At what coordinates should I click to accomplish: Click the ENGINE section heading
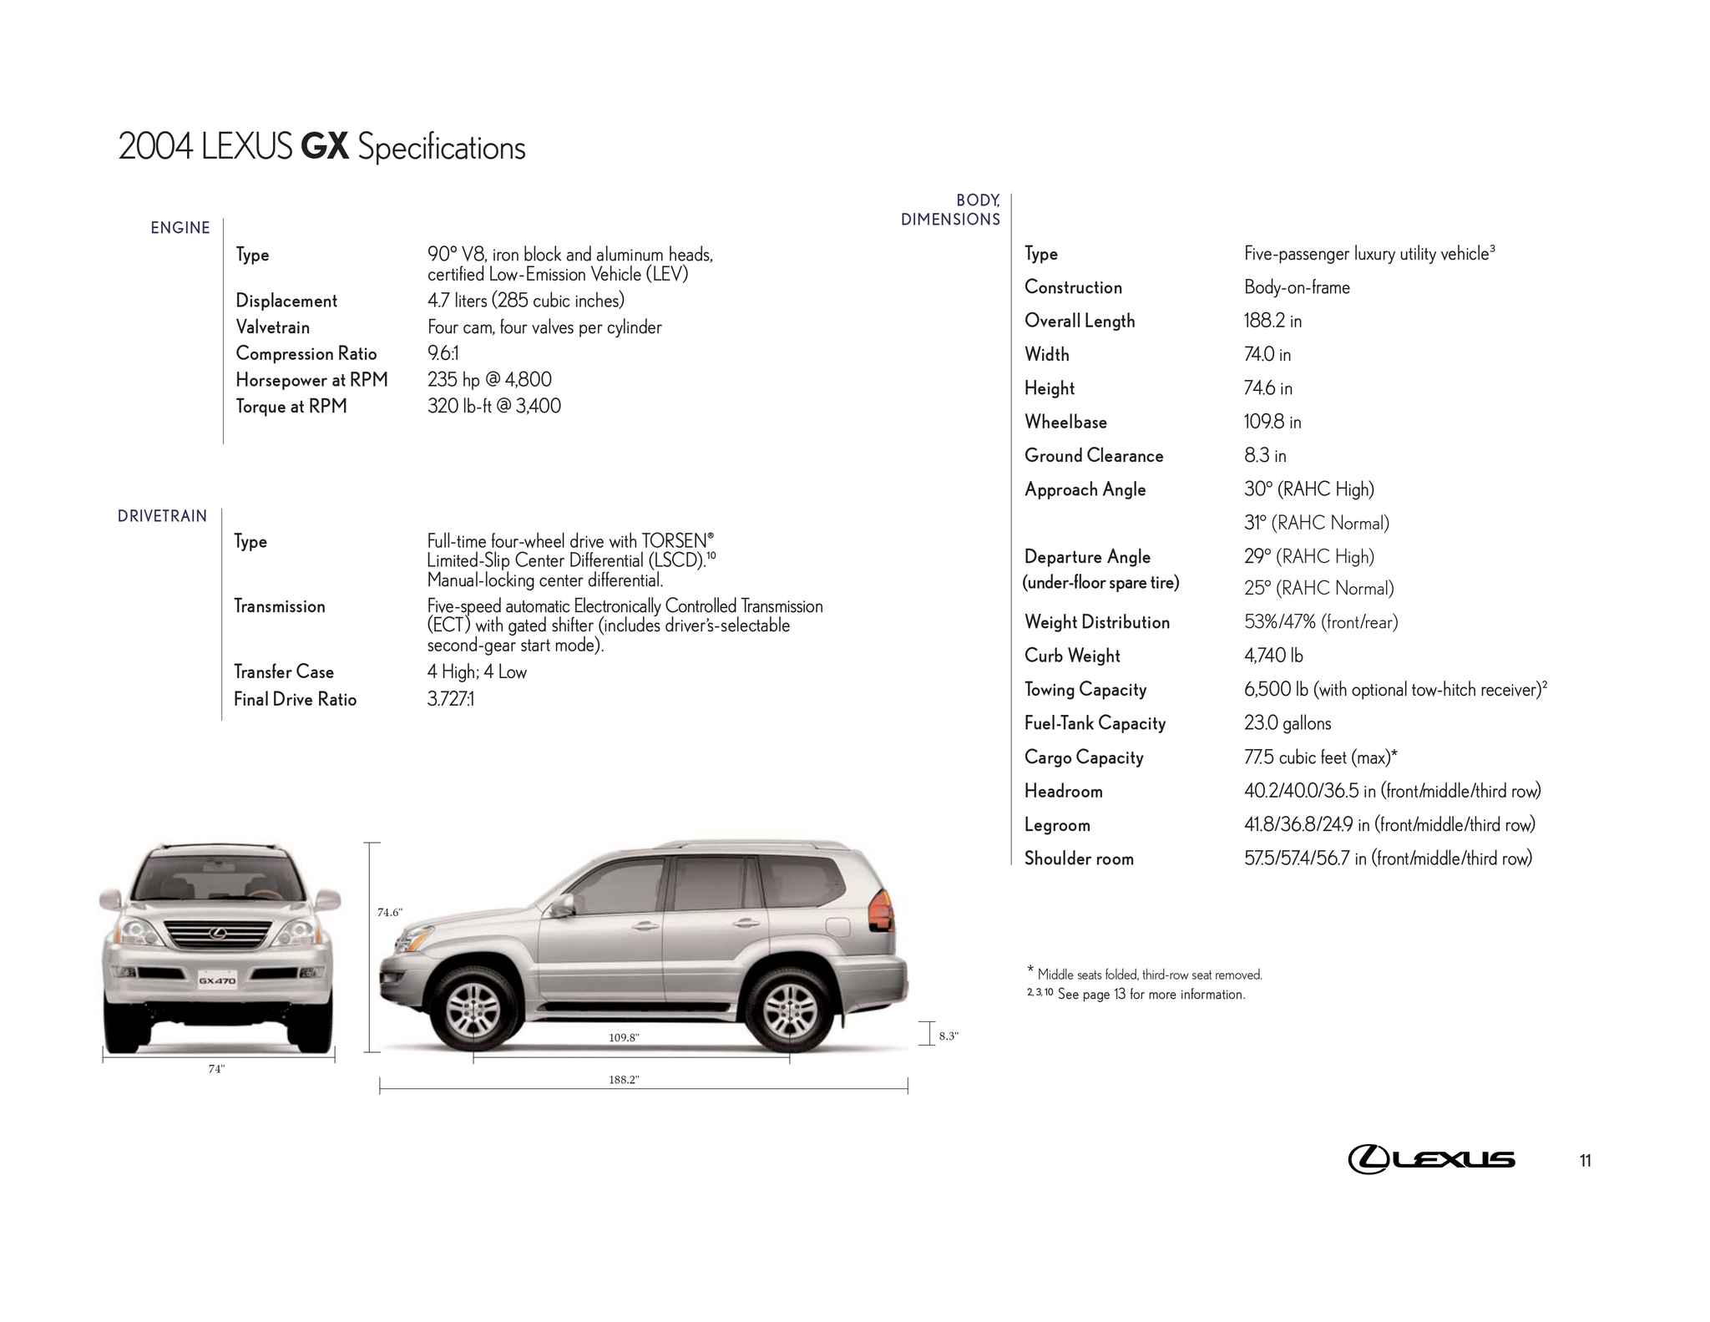coord(180,228)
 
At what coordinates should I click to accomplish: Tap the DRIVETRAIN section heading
coord(162,516)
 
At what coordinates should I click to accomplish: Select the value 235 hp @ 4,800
coord(489,380)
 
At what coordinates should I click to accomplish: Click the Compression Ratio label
coord(306,354)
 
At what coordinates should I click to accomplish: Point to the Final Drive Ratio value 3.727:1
coord(451,700)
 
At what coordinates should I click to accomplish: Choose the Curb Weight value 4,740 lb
coord(1273,656)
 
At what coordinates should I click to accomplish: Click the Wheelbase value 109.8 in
coord(1272,423)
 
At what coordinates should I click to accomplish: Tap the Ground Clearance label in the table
coord(1094,456)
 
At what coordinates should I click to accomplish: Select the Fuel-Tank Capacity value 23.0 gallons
coord(1288,724)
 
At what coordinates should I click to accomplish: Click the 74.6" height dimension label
coord(390,913)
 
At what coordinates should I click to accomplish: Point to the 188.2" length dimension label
coord(624,1080)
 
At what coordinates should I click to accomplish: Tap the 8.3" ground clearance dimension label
coord(949,1036)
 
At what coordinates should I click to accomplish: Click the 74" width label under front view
coord(216,1069)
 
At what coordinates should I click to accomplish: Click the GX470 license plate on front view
coord(217,980)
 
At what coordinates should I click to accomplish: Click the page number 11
coord(1585,1161)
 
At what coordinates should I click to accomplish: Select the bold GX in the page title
coord(324,148)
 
